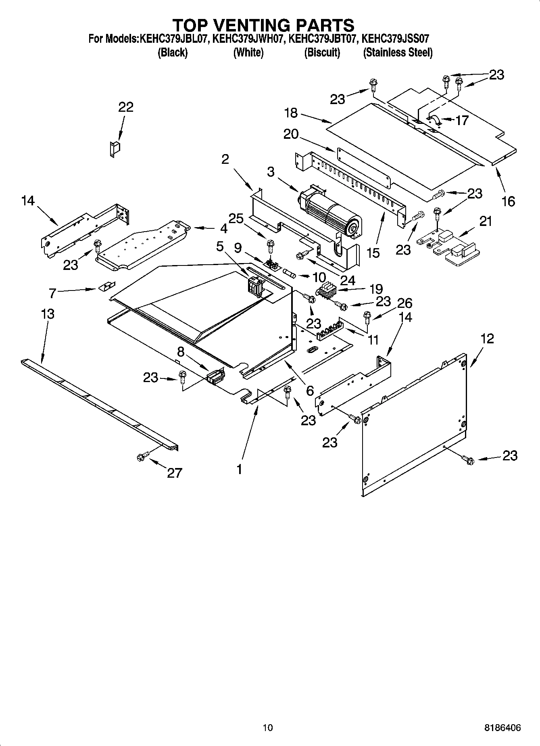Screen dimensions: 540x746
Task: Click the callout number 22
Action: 125,107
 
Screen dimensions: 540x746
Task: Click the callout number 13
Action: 47,314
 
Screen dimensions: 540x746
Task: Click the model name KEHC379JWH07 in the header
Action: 249,39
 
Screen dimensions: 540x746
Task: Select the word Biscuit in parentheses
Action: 322,52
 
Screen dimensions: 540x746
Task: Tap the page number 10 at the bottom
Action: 267,727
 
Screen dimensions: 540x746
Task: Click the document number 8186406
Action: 502,728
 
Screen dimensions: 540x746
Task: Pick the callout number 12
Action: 487,338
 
